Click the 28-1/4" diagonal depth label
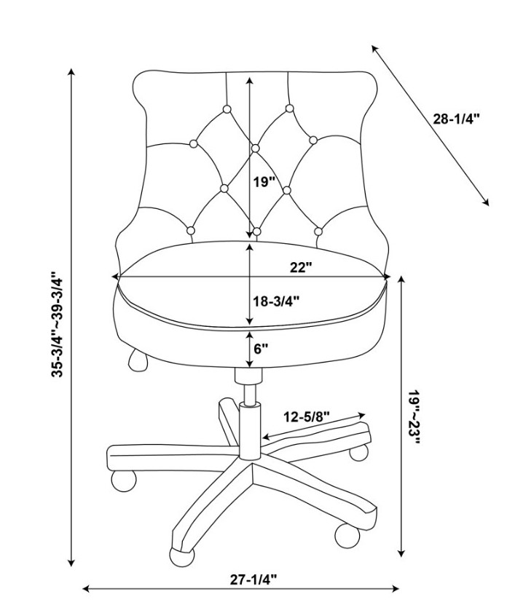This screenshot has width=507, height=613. point(456,119)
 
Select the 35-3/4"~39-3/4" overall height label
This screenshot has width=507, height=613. point(57,324)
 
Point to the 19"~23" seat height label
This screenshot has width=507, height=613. point(414,417)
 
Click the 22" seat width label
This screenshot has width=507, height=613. point(301,267)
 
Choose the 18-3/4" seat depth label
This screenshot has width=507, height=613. point(276,301)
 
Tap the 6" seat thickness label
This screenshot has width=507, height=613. point(261,348)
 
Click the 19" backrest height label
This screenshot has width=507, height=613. point(264,182)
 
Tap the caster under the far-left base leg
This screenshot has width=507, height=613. point(124,480)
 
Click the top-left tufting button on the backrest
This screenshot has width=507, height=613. point(227,109)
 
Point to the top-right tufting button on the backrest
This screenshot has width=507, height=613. point(289,108)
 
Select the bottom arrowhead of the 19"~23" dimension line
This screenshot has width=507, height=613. point(401,553)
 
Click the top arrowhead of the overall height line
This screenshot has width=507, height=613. point(71,72)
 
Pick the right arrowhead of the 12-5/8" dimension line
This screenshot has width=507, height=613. point(361,415)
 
